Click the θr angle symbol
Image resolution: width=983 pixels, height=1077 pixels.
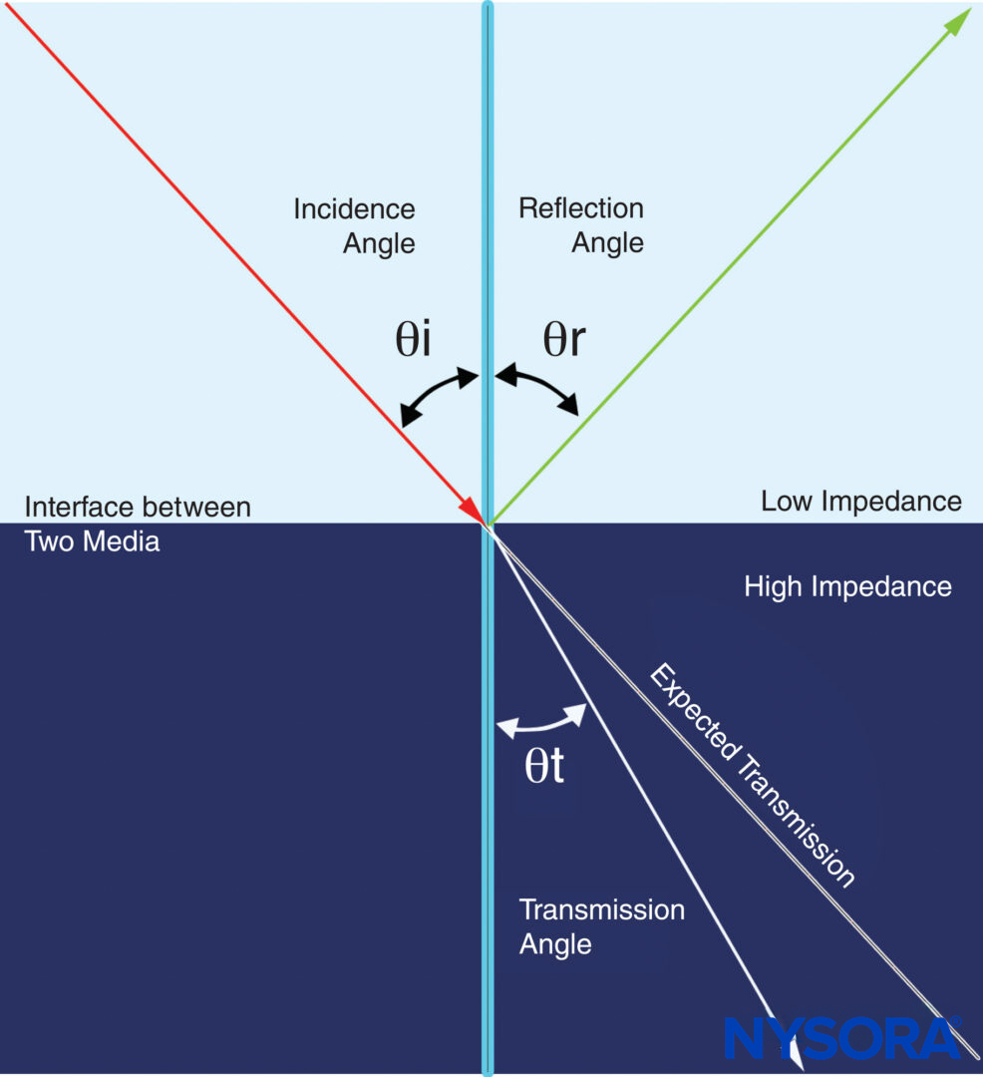[x=563, y=340]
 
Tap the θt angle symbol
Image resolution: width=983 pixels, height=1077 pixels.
[x=544, y=765]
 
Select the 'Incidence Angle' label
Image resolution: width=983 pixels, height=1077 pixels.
[x=354, y=225]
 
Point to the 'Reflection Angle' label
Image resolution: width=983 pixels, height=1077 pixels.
[x=581, y=225]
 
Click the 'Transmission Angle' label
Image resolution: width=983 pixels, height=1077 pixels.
[x=601, y=926]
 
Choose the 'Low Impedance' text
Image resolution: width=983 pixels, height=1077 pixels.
[x=861, y=501]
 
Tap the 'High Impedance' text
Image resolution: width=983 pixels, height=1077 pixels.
[x=847, y=586]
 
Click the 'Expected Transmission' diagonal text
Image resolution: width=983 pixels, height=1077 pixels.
[x=753, y=776]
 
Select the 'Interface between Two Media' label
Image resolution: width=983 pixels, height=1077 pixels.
[x=137, y=524]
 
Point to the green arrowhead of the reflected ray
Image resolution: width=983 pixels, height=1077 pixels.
[x=958, y=21]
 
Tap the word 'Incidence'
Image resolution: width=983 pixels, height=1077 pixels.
[x=354, y=209]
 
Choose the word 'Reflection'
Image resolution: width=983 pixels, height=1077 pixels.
[x=581, y=208]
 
